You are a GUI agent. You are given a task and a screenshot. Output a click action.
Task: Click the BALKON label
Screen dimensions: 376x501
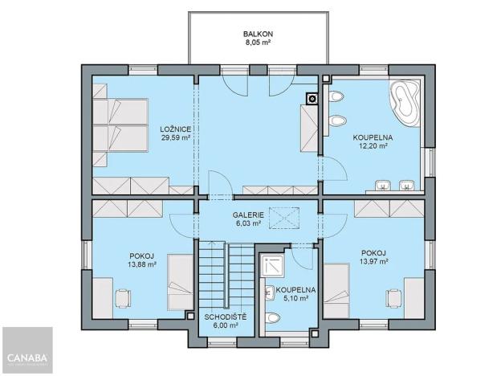coord(259,34)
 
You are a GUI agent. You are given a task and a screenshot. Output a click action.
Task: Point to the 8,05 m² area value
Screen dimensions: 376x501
coord(259,44)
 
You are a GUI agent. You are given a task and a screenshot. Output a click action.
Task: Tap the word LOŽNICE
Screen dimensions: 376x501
coord(174,129)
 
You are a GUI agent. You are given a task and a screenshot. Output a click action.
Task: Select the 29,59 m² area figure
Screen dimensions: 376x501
coord(174,138)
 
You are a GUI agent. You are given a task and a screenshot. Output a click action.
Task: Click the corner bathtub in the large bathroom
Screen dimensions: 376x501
coord(405,100)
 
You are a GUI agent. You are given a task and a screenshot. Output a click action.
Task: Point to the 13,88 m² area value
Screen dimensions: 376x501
coord(141,264)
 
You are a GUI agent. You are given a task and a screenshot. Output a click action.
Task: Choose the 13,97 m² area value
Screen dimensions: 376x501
coord(374,261)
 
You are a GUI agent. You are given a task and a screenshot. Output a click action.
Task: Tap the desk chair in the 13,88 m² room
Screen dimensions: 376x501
coord(120,297)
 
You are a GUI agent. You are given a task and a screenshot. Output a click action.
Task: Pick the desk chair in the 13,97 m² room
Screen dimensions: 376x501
coord(393,297)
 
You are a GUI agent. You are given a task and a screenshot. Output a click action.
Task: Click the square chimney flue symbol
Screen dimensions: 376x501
coord(312,100)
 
